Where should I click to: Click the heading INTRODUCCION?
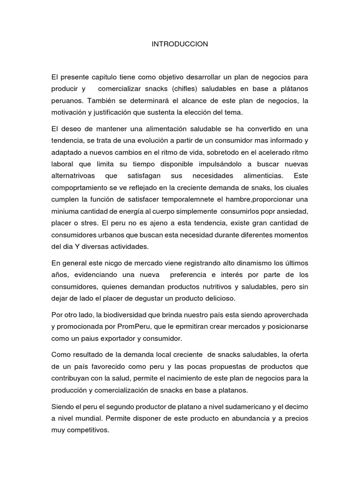(x=180, y=44)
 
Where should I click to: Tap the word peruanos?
(x=67, y=101)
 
